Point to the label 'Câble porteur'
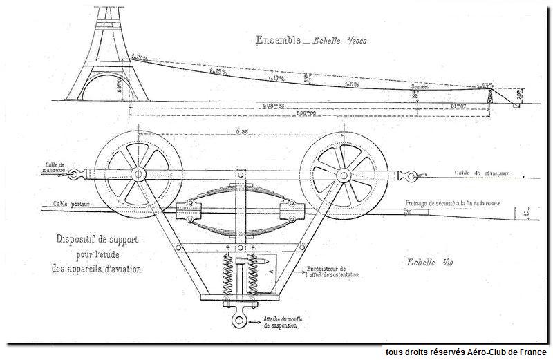coord(71,205)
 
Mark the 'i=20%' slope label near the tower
coord(141,58)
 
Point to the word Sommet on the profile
coord(420,86)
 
